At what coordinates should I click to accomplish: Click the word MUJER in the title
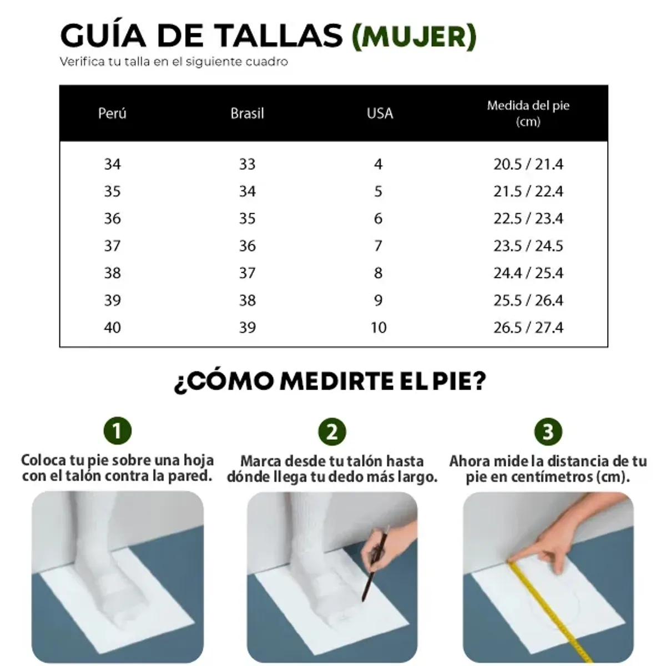(x=414, y=36)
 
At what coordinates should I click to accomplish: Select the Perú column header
(x=112, y=113)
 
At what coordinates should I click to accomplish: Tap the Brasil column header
(x=247, y=113)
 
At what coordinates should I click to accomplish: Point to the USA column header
(x=380, y=113)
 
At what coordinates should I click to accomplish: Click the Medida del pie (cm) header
(x=528, y=113)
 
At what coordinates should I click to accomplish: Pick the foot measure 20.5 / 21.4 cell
(x=528, y=164)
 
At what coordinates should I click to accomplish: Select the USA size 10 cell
(x=379, y=327)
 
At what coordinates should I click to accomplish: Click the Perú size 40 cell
(x=112, y=327)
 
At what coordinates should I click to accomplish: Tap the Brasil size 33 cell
(x=247, y=164)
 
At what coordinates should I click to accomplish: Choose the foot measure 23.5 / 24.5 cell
(x=528, y=246)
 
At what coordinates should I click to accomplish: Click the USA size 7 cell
(x=379, y=246)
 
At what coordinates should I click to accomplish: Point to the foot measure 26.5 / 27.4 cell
(x=528, y=327)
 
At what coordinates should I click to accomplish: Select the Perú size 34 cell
(x=112, y=164)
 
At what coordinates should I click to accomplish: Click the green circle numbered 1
(x=117, y=431)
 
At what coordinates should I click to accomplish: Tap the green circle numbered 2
(x=332, y=431)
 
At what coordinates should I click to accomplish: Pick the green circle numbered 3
(x=548, y=431)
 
